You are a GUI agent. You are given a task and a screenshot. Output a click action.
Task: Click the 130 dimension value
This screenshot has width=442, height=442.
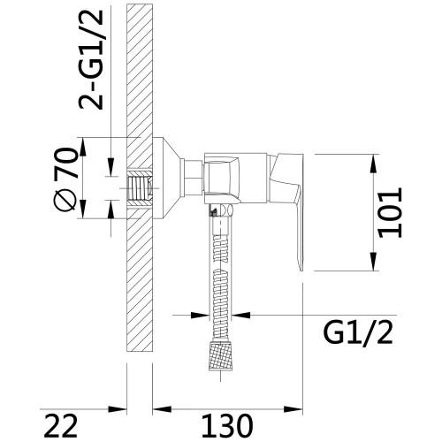coord(227,426)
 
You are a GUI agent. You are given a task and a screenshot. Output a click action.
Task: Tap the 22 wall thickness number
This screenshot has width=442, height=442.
coord(62,426)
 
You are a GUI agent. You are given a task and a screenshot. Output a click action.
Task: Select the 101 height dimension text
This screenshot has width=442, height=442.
coord(390,212)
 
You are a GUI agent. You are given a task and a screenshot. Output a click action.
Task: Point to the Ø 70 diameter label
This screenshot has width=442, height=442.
coord(67,179)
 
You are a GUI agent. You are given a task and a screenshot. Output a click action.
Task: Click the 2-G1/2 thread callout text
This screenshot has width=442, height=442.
coord(91,60)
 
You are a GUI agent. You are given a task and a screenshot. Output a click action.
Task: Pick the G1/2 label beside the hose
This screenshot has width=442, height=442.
coord(358,333)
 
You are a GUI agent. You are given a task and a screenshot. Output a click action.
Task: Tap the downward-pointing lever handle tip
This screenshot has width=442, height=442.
coord(301,268)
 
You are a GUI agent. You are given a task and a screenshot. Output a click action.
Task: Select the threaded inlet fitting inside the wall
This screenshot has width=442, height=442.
coord(140,188)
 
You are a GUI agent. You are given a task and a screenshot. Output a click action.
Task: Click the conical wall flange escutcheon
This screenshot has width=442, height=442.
coord(166,179)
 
